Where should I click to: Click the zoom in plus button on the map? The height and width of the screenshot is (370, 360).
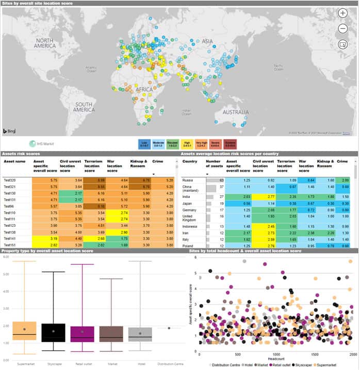coord(343,14)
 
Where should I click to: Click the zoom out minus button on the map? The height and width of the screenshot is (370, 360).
coord(343,29)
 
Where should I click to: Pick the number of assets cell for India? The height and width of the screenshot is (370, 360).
coord(213,196)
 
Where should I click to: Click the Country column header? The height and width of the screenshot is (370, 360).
coord(190,161)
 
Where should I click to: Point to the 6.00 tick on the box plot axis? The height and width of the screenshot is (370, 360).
coord(7,256)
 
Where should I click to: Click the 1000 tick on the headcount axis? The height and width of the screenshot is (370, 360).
coord(277,355)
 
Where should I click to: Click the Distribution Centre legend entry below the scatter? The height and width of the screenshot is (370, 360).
coord(217,365)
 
